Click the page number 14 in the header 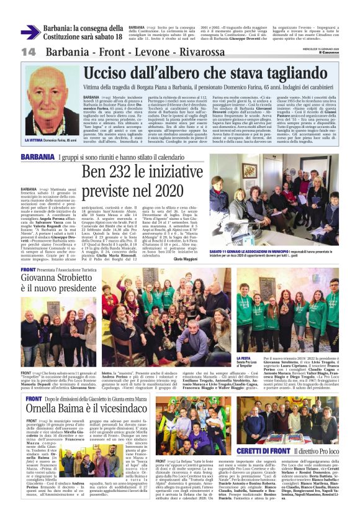(28, 52)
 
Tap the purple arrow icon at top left (29, 32)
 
